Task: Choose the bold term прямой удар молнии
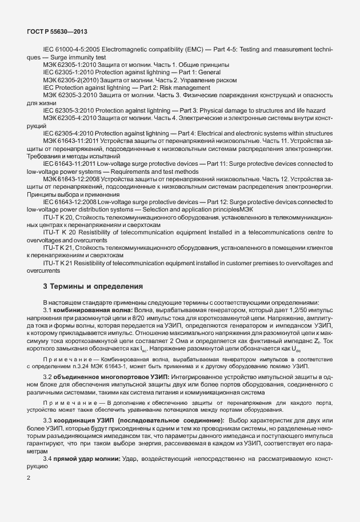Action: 86,460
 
